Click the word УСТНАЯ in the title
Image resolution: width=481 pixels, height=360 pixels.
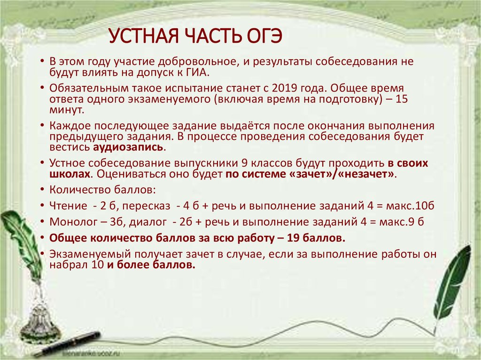(x=144, y=36)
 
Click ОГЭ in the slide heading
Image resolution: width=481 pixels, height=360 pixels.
(x=263, y=36)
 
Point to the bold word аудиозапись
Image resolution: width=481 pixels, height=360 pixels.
(x=128, y=147)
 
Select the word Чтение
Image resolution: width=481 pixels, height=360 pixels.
(x=69, y=206)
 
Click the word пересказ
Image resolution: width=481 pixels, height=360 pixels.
(x=146, y=206)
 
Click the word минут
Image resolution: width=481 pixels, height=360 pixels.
(x=67, y=110)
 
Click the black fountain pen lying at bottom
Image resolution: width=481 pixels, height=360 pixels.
(x=68, y=344)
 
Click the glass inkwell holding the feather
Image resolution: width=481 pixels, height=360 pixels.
(x=40, y=319)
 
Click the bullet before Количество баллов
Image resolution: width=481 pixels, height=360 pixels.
(x=42, y=190)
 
